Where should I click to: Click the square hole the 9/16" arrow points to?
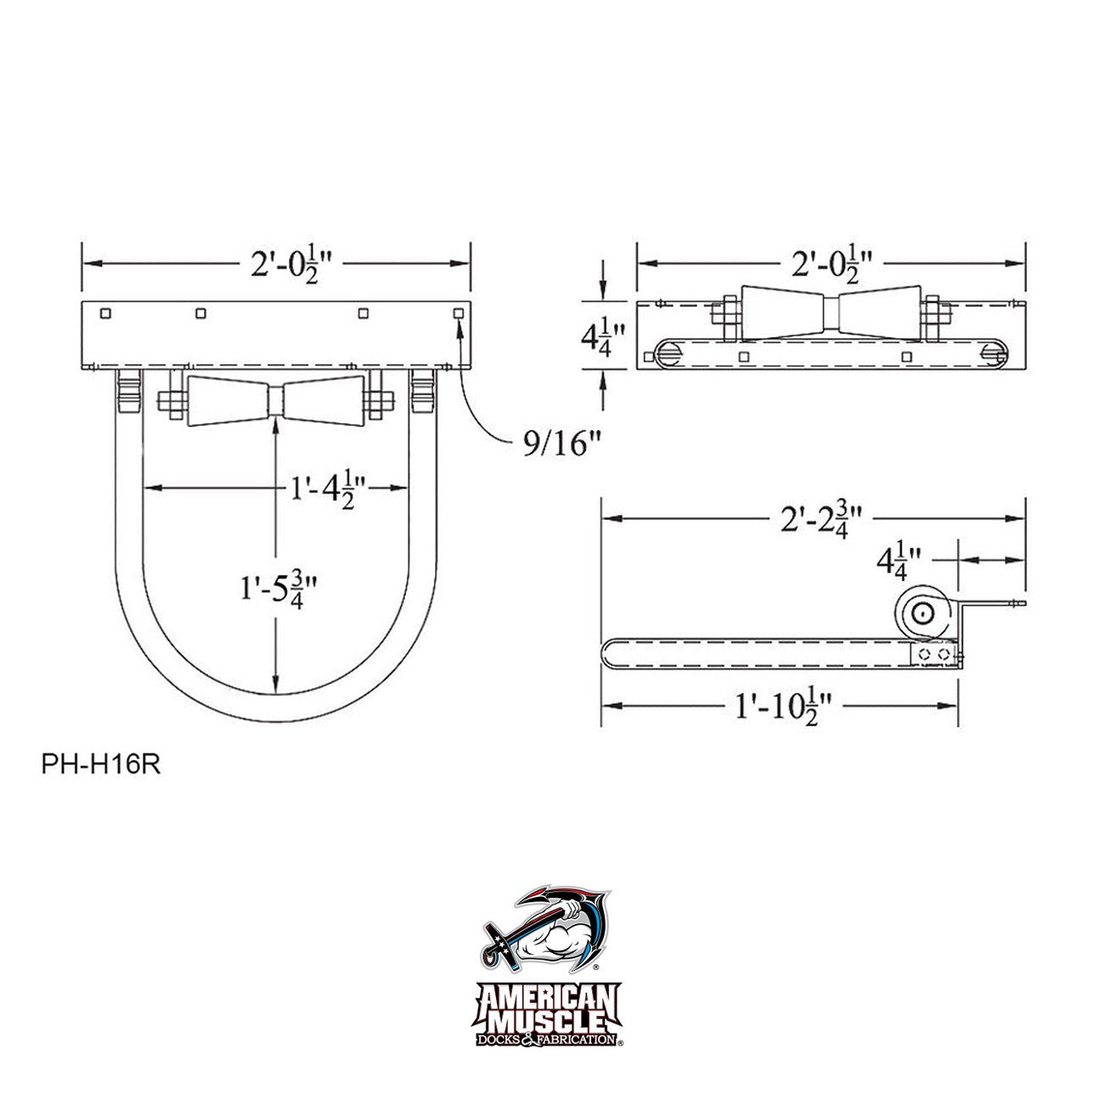(459, 313)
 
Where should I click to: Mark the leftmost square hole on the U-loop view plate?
(104, 313)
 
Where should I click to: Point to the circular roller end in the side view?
(923, 613)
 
